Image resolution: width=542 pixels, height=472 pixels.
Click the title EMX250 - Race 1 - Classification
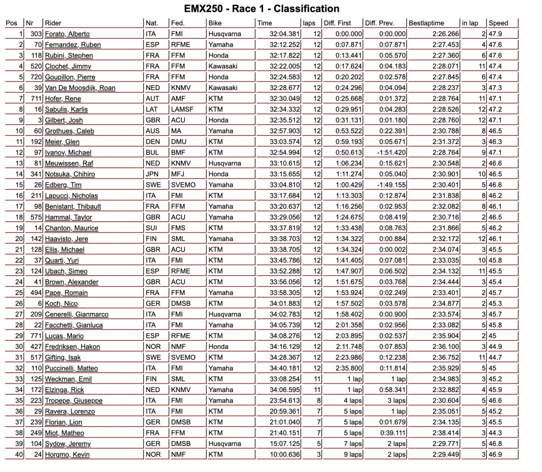pos(261,8)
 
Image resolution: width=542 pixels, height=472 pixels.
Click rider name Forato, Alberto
pos(67,34)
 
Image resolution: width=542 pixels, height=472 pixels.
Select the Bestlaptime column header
pos(426,23)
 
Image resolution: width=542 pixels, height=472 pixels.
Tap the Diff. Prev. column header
pos(379,23)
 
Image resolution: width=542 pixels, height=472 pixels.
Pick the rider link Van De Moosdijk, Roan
pos(80,88)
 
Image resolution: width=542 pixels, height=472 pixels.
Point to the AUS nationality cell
pos(151,131)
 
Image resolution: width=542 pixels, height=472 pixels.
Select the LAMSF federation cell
pos(182,109)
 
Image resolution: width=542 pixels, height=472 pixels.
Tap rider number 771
pos(36,336)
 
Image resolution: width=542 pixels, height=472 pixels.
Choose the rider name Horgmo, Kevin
pos(67,455)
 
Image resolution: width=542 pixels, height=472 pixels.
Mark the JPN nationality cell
pos(152,174)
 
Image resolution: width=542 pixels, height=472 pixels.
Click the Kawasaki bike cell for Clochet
pos(223,66)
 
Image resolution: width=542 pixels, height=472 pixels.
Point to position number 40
pos(19,455)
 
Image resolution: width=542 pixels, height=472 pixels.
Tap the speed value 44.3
pos(495,433)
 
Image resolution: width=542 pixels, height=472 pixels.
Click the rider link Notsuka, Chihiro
pos(70,174)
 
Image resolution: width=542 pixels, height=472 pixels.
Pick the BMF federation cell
pos(179,153)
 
